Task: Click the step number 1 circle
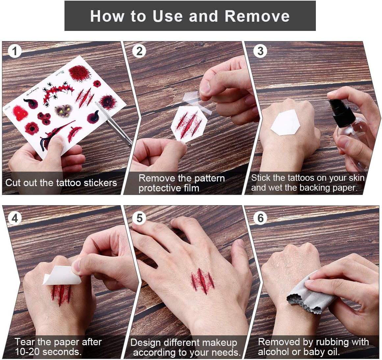click(x=14, y=51)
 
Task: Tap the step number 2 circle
click(x=139, y=51)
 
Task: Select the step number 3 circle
click(x=261, y=51)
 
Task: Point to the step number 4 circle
click(x=14, y=218)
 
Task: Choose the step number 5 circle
click(x=139, y=218)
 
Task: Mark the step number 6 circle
click(x=261, y=218)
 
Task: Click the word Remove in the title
click(x=257, y=16)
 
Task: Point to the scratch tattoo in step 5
click(x=203, y=281)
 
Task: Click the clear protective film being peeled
click(x=197, y=102)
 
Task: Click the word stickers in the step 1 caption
click(x=100, y=183)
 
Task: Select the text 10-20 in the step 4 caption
click(x=29, y=352)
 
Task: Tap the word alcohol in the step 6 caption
click(x=274, y=352)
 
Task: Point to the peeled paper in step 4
click(x=62, y=275)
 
